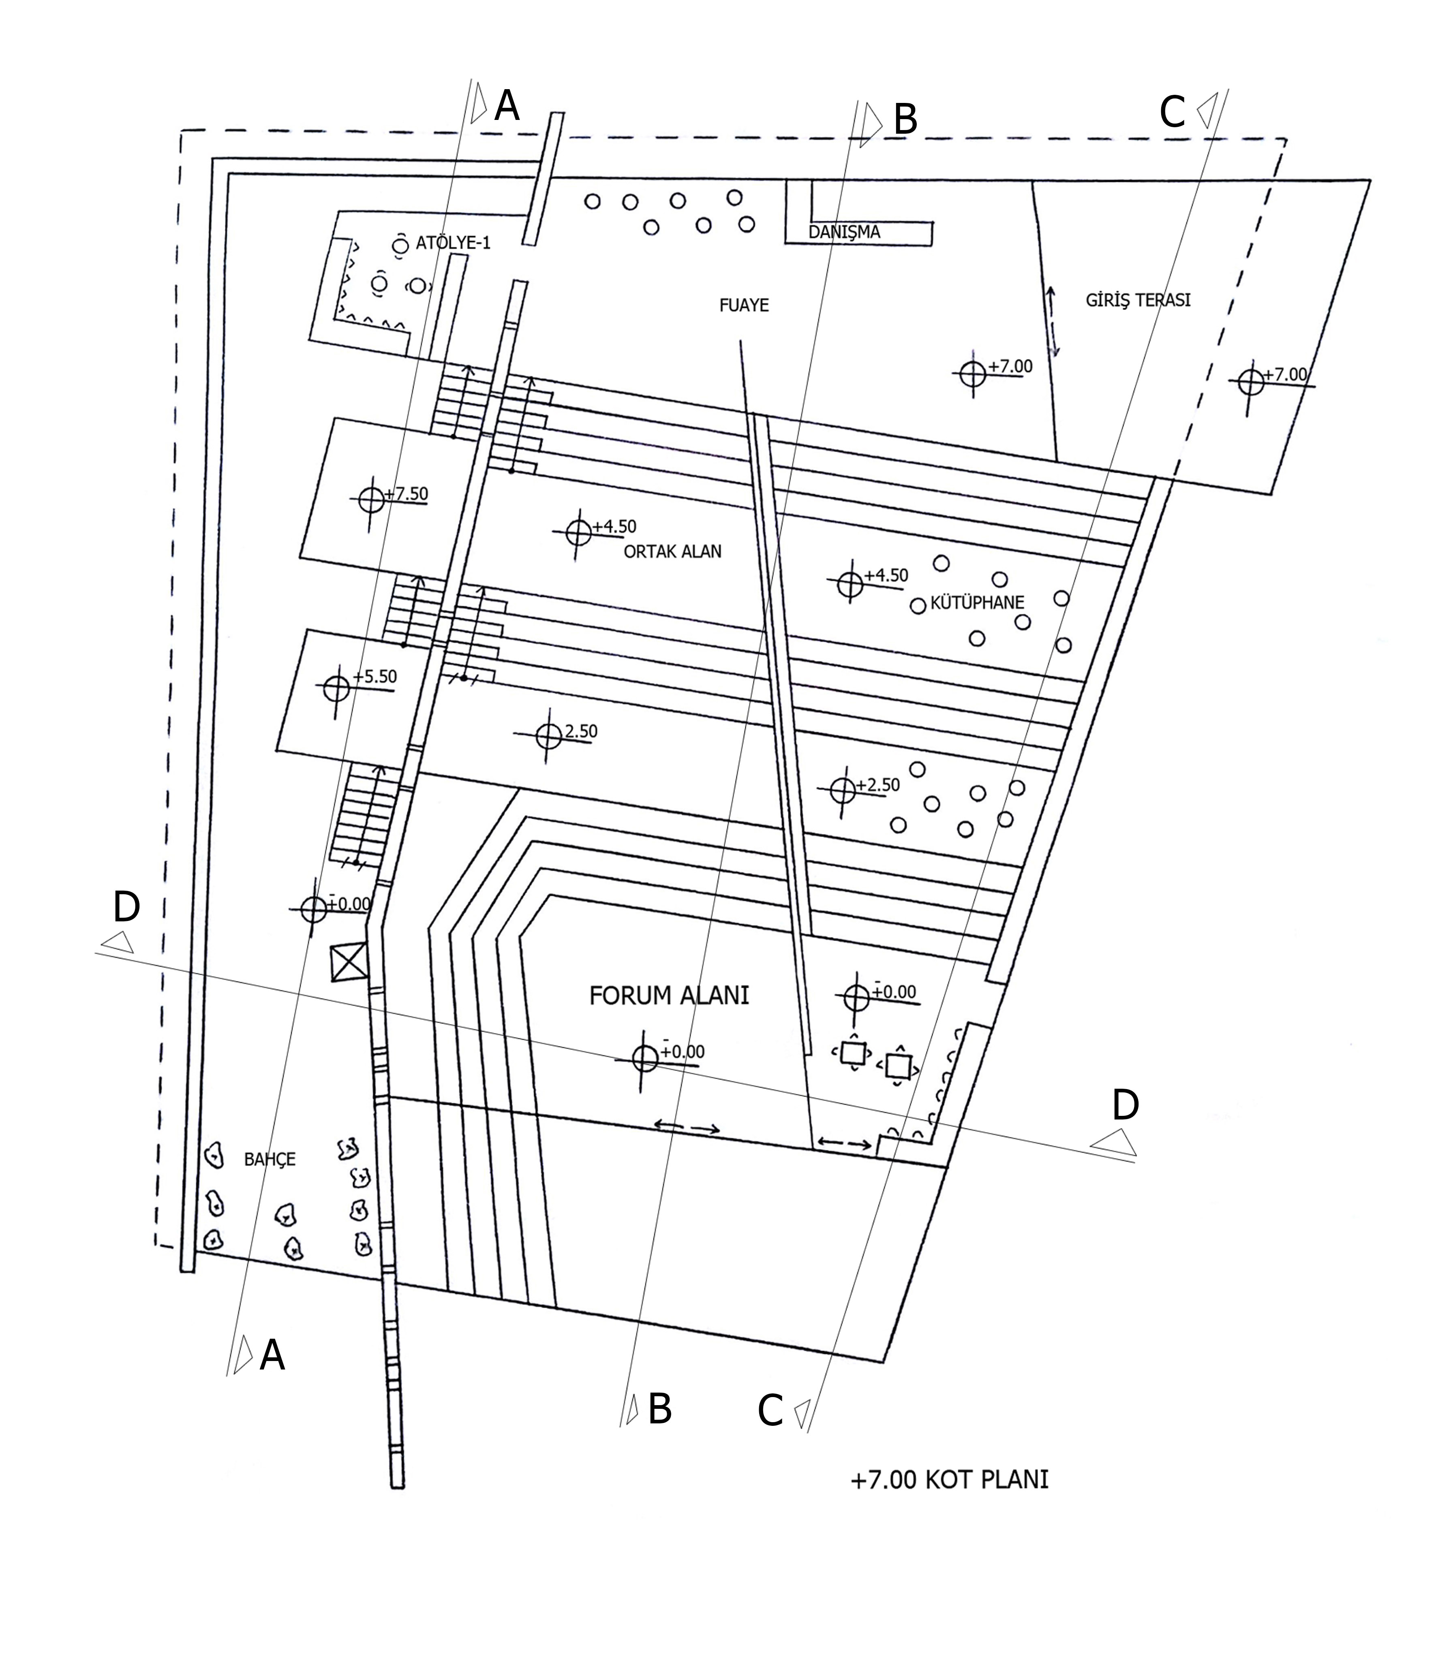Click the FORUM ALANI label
click(x=669, y=995)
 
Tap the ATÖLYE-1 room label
click(x=453, y=243)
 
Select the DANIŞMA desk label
click(x=844, y=232)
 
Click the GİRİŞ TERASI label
click(x=1138, y=300)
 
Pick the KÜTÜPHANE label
click(x=977, y=602)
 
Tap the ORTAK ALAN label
click(x=672, y=551)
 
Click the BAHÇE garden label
click(x=269, y=1159)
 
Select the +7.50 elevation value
click(x=406, y=493)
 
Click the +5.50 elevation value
click(x=375, y=676)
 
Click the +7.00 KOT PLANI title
click(x=949, y=1479)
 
